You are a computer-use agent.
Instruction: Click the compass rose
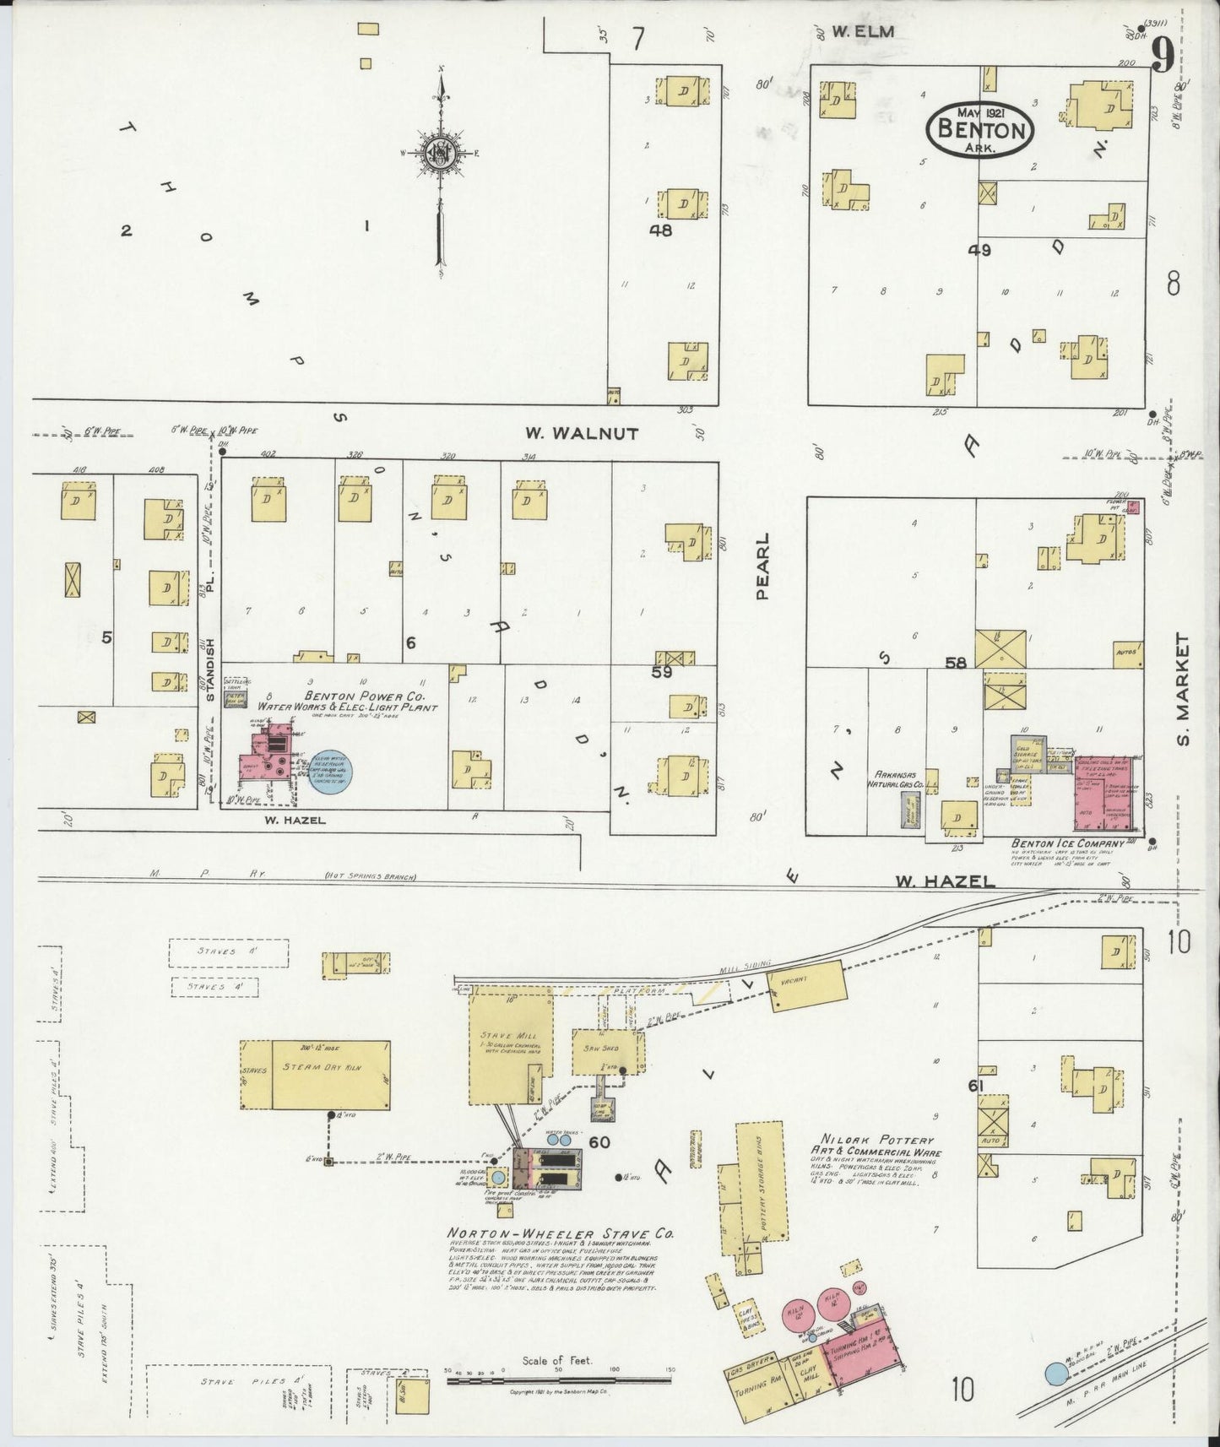[x=440, y=152]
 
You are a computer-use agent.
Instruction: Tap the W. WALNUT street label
[x=582, y=433]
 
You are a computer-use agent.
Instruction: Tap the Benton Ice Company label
[x=1068, y=843]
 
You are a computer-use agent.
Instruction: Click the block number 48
[x=660, y=229]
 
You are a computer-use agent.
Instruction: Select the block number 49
[x=979, y=250]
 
